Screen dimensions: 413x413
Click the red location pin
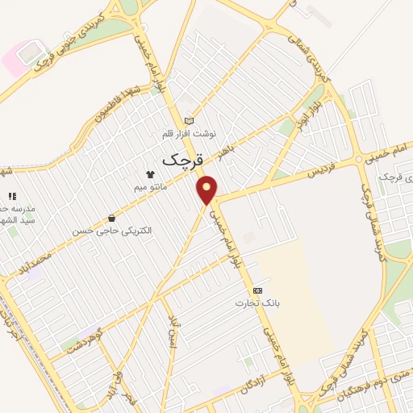point(207,190)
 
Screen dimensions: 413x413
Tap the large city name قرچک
point(179,160)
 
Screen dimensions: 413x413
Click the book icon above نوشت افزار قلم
point(190,121)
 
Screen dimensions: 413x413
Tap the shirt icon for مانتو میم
point(149,173)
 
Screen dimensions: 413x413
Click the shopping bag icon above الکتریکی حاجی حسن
point(111,218)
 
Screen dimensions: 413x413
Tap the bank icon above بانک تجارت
point(257,290)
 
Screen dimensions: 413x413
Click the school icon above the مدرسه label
point(11,196)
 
